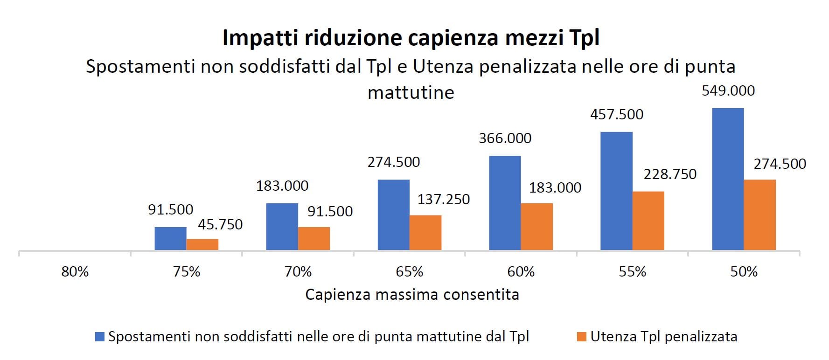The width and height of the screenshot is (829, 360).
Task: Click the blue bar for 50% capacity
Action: [728, 179]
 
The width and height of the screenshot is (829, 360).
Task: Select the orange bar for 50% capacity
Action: [759, 215]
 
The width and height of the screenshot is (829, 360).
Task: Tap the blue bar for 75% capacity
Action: [170, 238]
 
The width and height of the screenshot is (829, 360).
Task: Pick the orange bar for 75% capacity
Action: [202, 244]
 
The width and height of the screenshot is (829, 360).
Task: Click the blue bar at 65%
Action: [393, 215]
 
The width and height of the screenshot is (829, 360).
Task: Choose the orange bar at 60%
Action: [536, 227]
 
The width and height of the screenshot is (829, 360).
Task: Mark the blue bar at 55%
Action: [616, 191]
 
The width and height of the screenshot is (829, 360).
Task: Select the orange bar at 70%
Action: [313, 238]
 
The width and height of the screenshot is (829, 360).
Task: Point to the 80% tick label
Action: [75, 271]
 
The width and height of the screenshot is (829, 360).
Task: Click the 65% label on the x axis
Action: [409, 271]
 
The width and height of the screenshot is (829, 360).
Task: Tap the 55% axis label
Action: [632, 271]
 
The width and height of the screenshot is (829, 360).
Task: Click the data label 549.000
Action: [728, 90]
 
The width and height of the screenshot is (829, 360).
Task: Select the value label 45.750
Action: [220, 224]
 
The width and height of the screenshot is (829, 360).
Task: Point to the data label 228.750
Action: [670, 174]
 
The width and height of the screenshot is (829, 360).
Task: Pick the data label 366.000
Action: [505, 138]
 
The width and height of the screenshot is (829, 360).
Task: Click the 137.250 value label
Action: [443, 199]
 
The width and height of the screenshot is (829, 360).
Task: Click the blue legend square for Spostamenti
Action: [100, 337]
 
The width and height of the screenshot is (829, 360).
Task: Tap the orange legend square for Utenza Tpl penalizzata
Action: [581, 337]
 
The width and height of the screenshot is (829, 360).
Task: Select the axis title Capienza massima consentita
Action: [412, 295]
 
